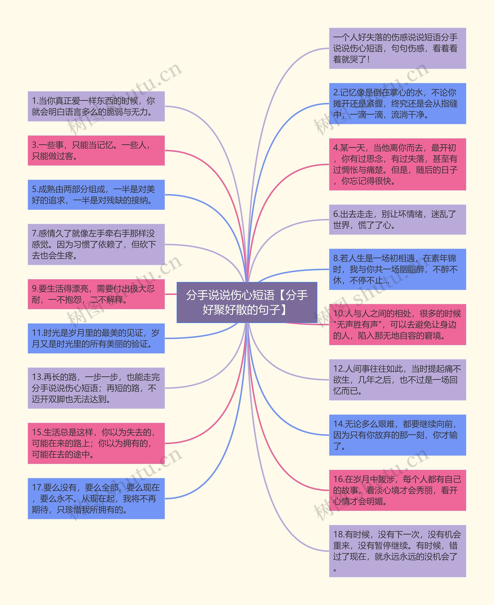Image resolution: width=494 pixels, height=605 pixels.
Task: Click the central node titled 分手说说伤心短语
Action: tap(247, 302)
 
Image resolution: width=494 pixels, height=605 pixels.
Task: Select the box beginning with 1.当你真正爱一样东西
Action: tap(96, 106)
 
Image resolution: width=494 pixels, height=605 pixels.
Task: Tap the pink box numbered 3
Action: tap(96, 150)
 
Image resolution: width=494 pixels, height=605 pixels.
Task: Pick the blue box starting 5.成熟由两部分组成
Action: tap(96, 195)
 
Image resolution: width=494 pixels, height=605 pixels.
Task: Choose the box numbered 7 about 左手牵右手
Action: tap(96, 244)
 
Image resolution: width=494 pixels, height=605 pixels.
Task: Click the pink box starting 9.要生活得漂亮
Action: tap(96, 294)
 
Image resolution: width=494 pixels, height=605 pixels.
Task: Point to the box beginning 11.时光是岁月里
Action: tap(96, 338)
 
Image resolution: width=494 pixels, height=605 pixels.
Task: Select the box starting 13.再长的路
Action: tap(96, 388)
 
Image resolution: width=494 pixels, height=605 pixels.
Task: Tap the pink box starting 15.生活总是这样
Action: tap(96, 443)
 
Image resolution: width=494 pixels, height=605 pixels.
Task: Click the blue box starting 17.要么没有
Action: tap(96, 499)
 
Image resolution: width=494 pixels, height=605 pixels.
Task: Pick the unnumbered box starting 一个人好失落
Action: tap(398, 48)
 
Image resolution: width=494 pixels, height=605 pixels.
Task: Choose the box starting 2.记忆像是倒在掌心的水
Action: tap(398, 104)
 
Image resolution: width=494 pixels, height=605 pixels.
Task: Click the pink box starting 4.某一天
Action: tap(398, 164)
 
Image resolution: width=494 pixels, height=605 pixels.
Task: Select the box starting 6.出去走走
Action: tap(398, 219)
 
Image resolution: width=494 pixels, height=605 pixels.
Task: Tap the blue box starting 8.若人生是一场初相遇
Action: tap(398, 269)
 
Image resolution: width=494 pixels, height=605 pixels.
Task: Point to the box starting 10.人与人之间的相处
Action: tap(398, 324)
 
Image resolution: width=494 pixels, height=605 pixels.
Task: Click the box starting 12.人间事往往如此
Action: tap(398, 380)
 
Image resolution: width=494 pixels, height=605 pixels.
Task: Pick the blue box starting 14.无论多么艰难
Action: tap(398, 435)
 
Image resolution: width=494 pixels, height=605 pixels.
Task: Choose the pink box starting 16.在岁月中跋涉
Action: tap(398, 490)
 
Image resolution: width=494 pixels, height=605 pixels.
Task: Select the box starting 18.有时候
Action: tap(398, 551)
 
